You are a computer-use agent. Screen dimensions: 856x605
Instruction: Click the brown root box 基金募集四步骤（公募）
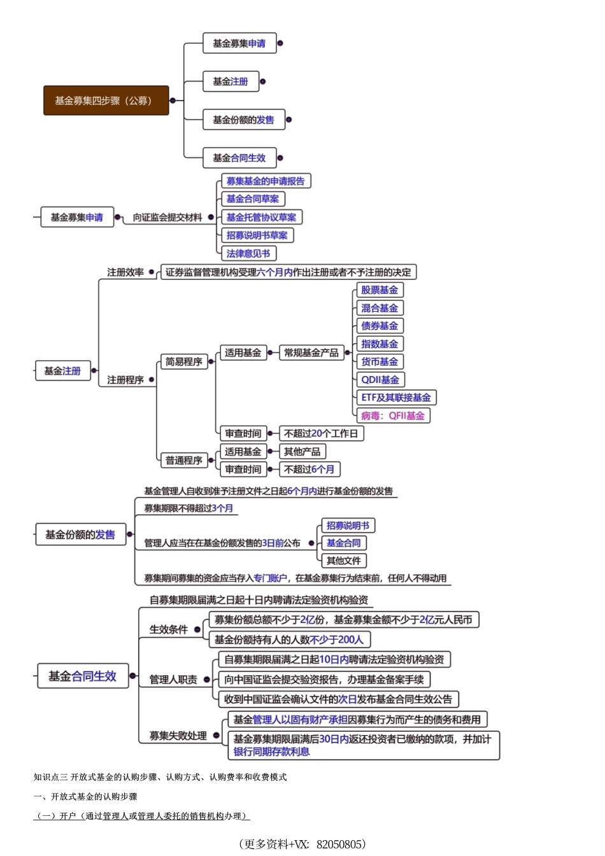106,101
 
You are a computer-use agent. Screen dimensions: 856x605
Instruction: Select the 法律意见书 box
248,253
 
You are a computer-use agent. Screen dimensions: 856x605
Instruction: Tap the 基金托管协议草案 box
261,217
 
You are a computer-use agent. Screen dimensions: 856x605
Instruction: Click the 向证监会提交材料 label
167,218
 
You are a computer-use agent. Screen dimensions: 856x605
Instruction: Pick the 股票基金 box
380,290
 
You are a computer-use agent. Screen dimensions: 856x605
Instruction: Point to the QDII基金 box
380,380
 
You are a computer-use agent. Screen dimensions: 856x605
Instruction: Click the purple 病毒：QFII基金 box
392,416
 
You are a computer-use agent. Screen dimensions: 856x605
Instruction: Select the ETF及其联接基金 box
395,398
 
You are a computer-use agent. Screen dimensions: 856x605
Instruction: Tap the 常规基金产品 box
311,353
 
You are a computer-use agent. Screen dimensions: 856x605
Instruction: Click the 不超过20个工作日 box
321,433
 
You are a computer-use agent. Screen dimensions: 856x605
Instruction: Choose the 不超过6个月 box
309,470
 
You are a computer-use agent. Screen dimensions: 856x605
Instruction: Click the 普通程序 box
184,460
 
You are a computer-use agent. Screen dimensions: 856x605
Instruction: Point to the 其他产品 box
302,452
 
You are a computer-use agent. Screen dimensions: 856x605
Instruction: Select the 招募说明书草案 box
257,235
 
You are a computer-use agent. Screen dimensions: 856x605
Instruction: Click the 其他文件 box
344,561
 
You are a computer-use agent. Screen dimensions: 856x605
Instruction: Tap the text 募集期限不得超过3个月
189,509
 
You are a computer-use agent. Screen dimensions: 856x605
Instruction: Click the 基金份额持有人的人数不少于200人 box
289,640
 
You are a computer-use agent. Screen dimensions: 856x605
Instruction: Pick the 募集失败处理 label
178,736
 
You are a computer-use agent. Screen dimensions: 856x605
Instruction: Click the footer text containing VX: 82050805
302,844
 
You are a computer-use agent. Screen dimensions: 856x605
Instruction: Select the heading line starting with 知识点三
160,777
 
